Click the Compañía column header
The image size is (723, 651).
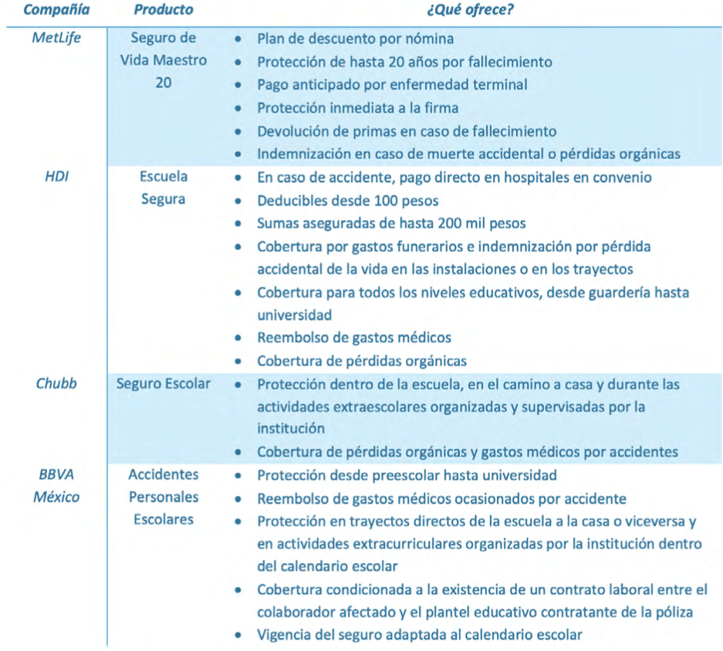click(56, 11)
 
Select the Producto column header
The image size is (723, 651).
click(164, 11)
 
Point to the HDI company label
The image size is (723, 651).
click(56, 177)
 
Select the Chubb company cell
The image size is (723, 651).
click(56, 383)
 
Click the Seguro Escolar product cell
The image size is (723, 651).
click(164, 383)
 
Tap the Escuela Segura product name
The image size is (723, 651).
click(164, 187)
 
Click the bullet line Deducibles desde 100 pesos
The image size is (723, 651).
click(348, 201)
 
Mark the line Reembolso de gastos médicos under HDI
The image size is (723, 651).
click(354, 337)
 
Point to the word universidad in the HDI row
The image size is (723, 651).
click(294, 315)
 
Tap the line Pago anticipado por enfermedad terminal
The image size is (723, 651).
click(392, 85)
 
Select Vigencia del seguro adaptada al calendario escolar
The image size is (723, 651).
click(420, 635)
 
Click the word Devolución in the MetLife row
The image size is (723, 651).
click(290, 131)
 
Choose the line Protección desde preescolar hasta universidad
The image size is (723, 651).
click(407, 475)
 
